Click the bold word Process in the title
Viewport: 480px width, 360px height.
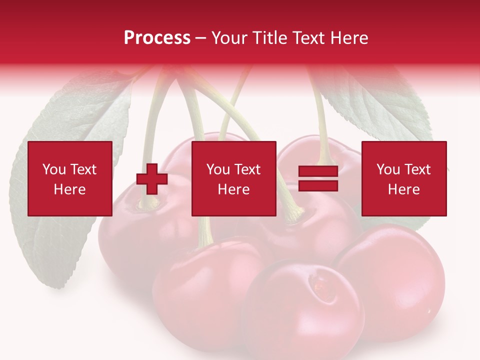[x=157, y=38]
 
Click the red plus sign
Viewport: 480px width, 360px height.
[x=152, y=179]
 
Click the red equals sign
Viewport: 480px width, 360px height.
[x=318, y=179]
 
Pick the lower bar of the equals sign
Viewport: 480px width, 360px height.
[x=318, y=186]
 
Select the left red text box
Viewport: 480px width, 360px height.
[x=70, y=178]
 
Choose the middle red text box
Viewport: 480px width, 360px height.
[x=233, y=178]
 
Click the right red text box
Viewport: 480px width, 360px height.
[x=404, y=178]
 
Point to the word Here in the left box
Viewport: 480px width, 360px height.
[x=69, y=189]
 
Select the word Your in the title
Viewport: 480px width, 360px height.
[x=228, y=38]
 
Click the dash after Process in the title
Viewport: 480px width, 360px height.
[x=201, y=38]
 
